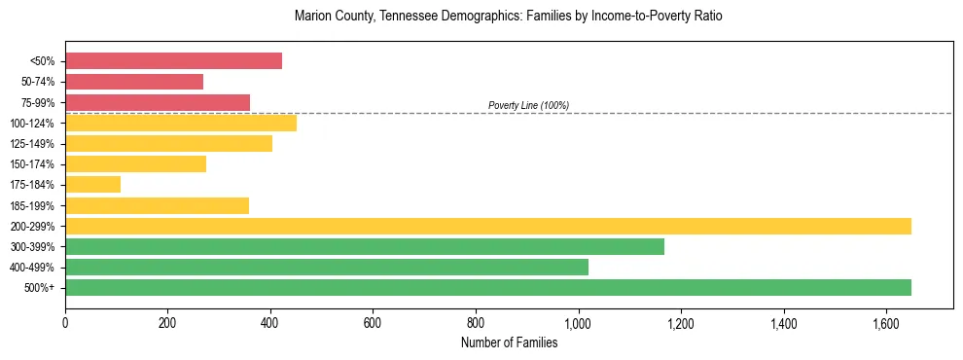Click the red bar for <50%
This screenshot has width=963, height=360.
tap(173, 61)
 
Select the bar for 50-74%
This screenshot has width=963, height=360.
tap(134, 82)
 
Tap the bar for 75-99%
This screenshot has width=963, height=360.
tap(158, 102)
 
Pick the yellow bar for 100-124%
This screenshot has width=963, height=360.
tap(181, 123)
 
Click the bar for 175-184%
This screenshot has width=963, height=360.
tap(92, 185)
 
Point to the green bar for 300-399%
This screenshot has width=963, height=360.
tap(365, 247)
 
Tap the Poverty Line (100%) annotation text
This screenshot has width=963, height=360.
tap(528, 105)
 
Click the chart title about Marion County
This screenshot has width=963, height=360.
tap(508, 17)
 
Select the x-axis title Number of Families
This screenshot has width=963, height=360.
tap(509, 342)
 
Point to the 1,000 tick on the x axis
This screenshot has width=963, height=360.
tap(578, 323)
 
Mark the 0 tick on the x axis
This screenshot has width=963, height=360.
tap(65, 323)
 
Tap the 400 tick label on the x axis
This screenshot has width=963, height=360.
tap(270, 323)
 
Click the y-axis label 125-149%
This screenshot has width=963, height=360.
tap(32, 144)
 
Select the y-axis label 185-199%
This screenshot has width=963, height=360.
tap(32, 206)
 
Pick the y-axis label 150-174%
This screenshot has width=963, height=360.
tap(32, 164)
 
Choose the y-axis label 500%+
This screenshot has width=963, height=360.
tap(38, 288)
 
